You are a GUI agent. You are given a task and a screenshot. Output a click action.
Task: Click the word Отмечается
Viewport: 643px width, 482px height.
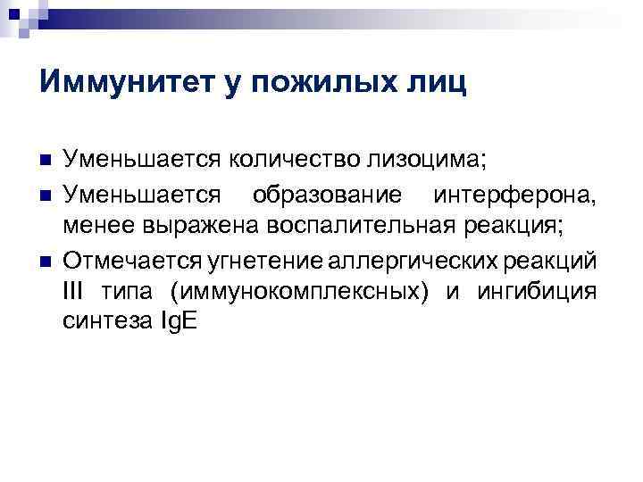point(125,259)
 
